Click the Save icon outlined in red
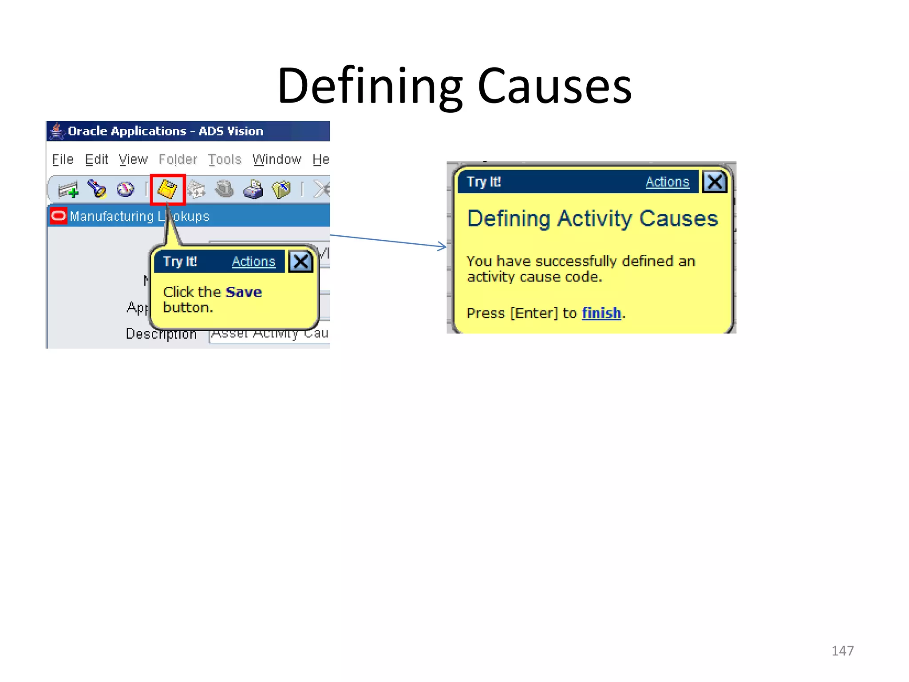pos(167,190)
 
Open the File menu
pos(63,159)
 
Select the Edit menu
pos(96,159)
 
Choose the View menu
pos(133,159)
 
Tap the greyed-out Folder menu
pos(178,159)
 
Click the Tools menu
pos(225,159)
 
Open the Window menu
pos(277,159)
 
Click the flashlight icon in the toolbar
pos(97,189)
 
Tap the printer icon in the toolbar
pos(253,190)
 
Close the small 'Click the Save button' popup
pos(300,262)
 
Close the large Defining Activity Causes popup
pos(715,182)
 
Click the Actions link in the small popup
pos(253,262)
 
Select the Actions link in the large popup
pos(667,182)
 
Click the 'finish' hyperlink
pos(601,313)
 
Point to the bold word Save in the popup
pos(244,292)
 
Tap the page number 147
pos(842,650)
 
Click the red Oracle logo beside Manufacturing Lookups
pos(58,216)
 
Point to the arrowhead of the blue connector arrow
pos(443,246)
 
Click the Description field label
pos(161,333)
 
